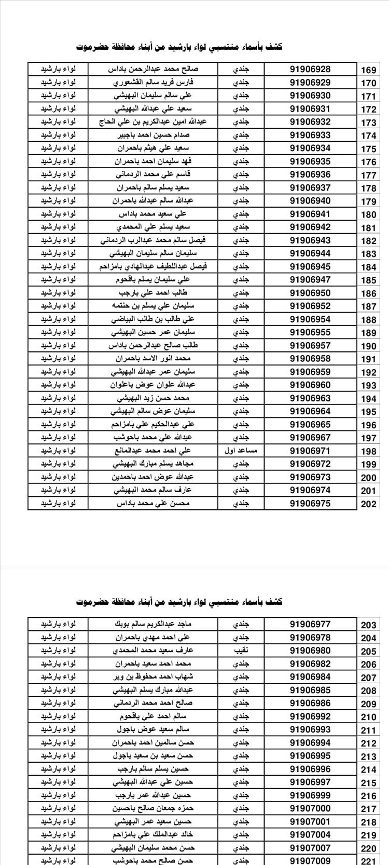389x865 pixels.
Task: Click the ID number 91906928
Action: click(x=310, y=69)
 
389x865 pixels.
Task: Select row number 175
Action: click(x=368, y=149)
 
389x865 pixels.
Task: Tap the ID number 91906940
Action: click(x=310, y=201)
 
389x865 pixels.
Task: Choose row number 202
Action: click(x=368, y=504)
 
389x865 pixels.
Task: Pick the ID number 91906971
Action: click(x=310, y=451)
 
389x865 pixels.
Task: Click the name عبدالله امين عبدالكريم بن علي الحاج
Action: click(x=153, y=122)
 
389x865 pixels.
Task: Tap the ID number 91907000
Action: click(x=310, y=808)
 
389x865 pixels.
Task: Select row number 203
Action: click(x=368, y=625)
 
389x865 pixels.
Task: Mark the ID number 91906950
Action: click(x=310, y=293)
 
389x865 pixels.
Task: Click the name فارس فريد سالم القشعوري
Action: click(x=153, y=83)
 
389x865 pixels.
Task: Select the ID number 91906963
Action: click(x=310, y=398)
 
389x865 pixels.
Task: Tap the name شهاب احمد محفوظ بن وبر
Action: click(x=153, y=677)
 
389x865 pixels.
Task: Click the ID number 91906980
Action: click(x=310, y=651)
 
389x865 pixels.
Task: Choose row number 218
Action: click(x=368, y=822)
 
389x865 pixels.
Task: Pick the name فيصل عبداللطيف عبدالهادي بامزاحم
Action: click(x=153, y=267)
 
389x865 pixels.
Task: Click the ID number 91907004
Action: click(x=310, y=835)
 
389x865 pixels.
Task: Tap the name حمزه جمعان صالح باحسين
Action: click(x=153, y=808)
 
